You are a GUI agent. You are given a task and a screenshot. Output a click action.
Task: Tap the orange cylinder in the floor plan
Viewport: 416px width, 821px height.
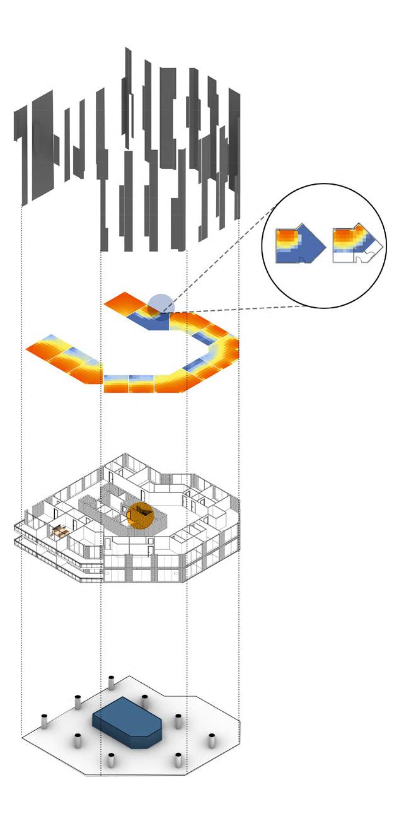[x=141, y=515]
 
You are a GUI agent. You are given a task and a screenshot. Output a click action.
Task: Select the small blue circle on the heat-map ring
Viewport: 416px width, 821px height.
[x=158, y=302]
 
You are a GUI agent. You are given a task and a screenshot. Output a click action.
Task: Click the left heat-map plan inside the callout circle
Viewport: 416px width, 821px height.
[x=299, y=247]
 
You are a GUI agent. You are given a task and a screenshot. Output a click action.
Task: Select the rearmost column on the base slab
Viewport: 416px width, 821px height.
[x=111, y=684]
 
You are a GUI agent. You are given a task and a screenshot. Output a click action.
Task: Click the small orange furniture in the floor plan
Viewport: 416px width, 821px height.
[x=59, y=532]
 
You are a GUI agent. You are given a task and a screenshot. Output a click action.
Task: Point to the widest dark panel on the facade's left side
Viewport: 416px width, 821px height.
[x=42, y=145]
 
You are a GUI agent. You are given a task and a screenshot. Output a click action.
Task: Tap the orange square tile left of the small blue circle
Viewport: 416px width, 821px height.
[x=124, y=303]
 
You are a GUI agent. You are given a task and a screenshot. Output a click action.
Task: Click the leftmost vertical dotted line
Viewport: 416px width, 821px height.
[x=22, y=441]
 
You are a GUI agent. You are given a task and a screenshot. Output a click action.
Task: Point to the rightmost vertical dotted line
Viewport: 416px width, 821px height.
[x=240, y=441]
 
